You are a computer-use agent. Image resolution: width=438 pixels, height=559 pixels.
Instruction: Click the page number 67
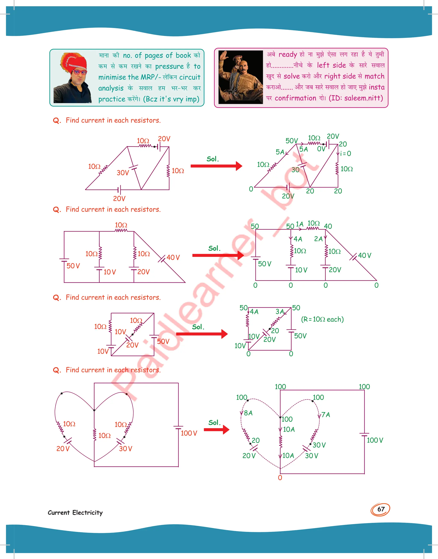381,509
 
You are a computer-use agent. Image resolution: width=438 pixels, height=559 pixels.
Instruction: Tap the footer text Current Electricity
75,513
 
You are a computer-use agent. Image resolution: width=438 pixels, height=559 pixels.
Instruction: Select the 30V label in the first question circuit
123,173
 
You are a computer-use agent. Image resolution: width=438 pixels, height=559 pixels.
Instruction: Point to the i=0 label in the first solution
345,154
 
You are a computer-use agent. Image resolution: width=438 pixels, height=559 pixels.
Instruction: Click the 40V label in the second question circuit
173,257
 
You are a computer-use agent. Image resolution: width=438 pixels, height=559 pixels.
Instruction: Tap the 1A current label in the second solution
300,224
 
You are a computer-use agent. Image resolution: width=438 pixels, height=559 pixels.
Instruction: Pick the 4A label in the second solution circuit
298,239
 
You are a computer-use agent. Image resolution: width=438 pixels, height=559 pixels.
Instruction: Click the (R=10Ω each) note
322,319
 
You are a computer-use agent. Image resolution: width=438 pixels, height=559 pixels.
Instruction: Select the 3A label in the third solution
280,312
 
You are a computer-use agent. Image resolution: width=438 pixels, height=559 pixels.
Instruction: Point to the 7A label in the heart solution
326,414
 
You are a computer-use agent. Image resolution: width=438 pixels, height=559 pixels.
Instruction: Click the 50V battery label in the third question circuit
163,341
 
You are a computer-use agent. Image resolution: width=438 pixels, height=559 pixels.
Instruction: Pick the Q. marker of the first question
57,120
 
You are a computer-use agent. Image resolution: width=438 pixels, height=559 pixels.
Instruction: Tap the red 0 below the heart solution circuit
280,478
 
